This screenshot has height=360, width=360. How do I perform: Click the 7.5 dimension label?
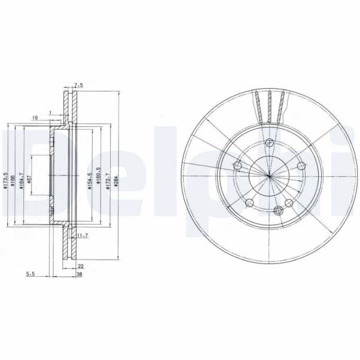78,86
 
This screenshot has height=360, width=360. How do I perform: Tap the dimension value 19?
35,118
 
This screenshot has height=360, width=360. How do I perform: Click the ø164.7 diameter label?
21,180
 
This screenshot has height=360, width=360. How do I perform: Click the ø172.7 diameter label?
107,180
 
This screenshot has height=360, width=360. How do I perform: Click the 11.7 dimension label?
83,236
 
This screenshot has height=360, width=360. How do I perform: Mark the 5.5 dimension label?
29,274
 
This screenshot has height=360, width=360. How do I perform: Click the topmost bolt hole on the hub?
270,143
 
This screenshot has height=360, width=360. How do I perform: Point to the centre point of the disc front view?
270,176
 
